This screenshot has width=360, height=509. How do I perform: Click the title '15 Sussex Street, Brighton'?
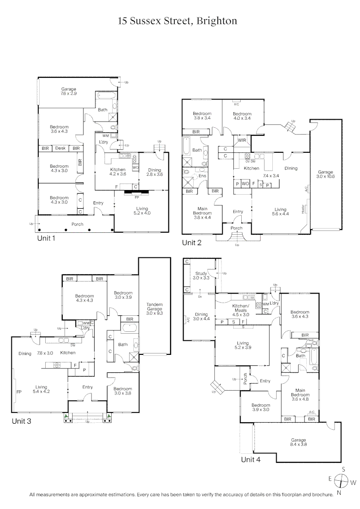(x=177, y=21)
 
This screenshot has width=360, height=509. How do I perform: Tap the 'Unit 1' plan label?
(x=46, y=238)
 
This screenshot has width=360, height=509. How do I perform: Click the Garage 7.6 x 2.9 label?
(x=68, y=91)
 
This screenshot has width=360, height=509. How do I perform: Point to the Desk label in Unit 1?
(x=60, y=148)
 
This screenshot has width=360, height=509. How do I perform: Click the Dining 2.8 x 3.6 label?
(x=155, y=172)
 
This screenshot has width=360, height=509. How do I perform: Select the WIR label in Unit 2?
(x=242, y=140)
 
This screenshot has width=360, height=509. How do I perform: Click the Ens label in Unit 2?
(x=203, y=176)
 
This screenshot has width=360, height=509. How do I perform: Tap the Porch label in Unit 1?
(x=77, y=224)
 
